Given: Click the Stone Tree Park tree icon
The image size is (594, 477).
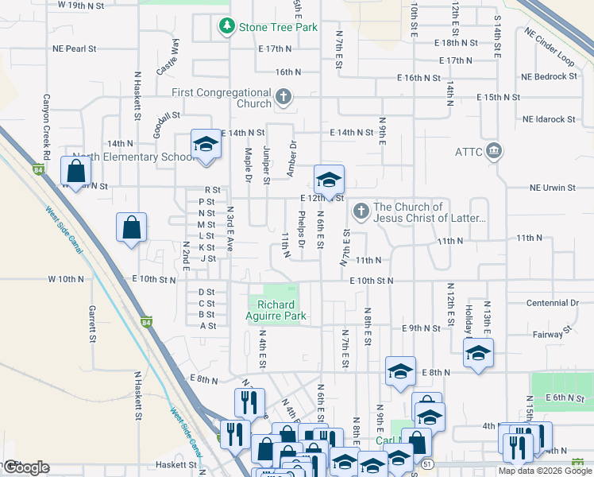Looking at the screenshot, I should [x=227, y=27].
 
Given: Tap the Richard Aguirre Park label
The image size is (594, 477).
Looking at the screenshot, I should [x=276, y=310].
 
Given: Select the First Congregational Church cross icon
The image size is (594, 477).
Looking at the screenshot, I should [x=283, y=99].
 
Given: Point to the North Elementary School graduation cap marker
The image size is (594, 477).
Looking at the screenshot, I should [x=206, y=145].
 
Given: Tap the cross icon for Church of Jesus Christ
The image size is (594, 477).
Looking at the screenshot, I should [x=361, y=211].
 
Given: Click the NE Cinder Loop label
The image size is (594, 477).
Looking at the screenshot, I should [x=549, y=47].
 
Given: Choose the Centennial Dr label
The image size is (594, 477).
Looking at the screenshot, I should [x=553, y=303].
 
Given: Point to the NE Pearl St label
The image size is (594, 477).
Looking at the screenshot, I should [x=75, y=49].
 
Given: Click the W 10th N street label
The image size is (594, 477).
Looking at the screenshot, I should [x=65, y=279].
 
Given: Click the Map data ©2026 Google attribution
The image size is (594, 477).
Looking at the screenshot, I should [x=545, y=471].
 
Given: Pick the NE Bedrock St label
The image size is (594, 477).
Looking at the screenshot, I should [x=549, y=76].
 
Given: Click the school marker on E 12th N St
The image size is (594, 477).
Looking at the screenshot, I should [x=329, y=179].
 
